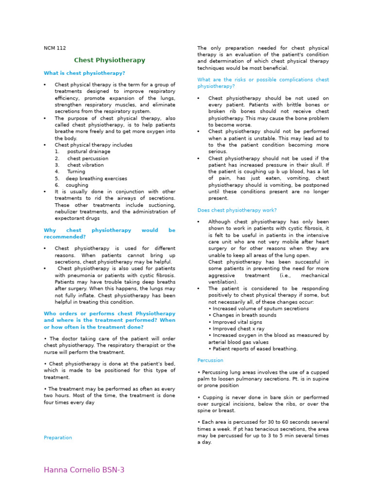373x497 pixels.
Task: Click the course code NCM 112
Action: click(55, 48)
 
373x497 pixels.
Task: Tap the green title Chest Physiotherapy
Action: click(109, 60)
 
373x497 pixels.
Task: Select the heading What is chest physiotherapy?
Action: click(85, 73)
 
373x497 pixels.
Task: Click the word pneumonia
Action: click(84, 275)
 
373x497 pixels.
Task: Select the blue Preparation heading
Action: click(58, 438)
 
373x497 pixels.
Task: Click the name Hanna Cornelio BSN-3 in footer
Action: click(84, 470)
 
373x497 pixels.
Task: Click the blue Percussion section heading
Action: click(210, 361)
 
